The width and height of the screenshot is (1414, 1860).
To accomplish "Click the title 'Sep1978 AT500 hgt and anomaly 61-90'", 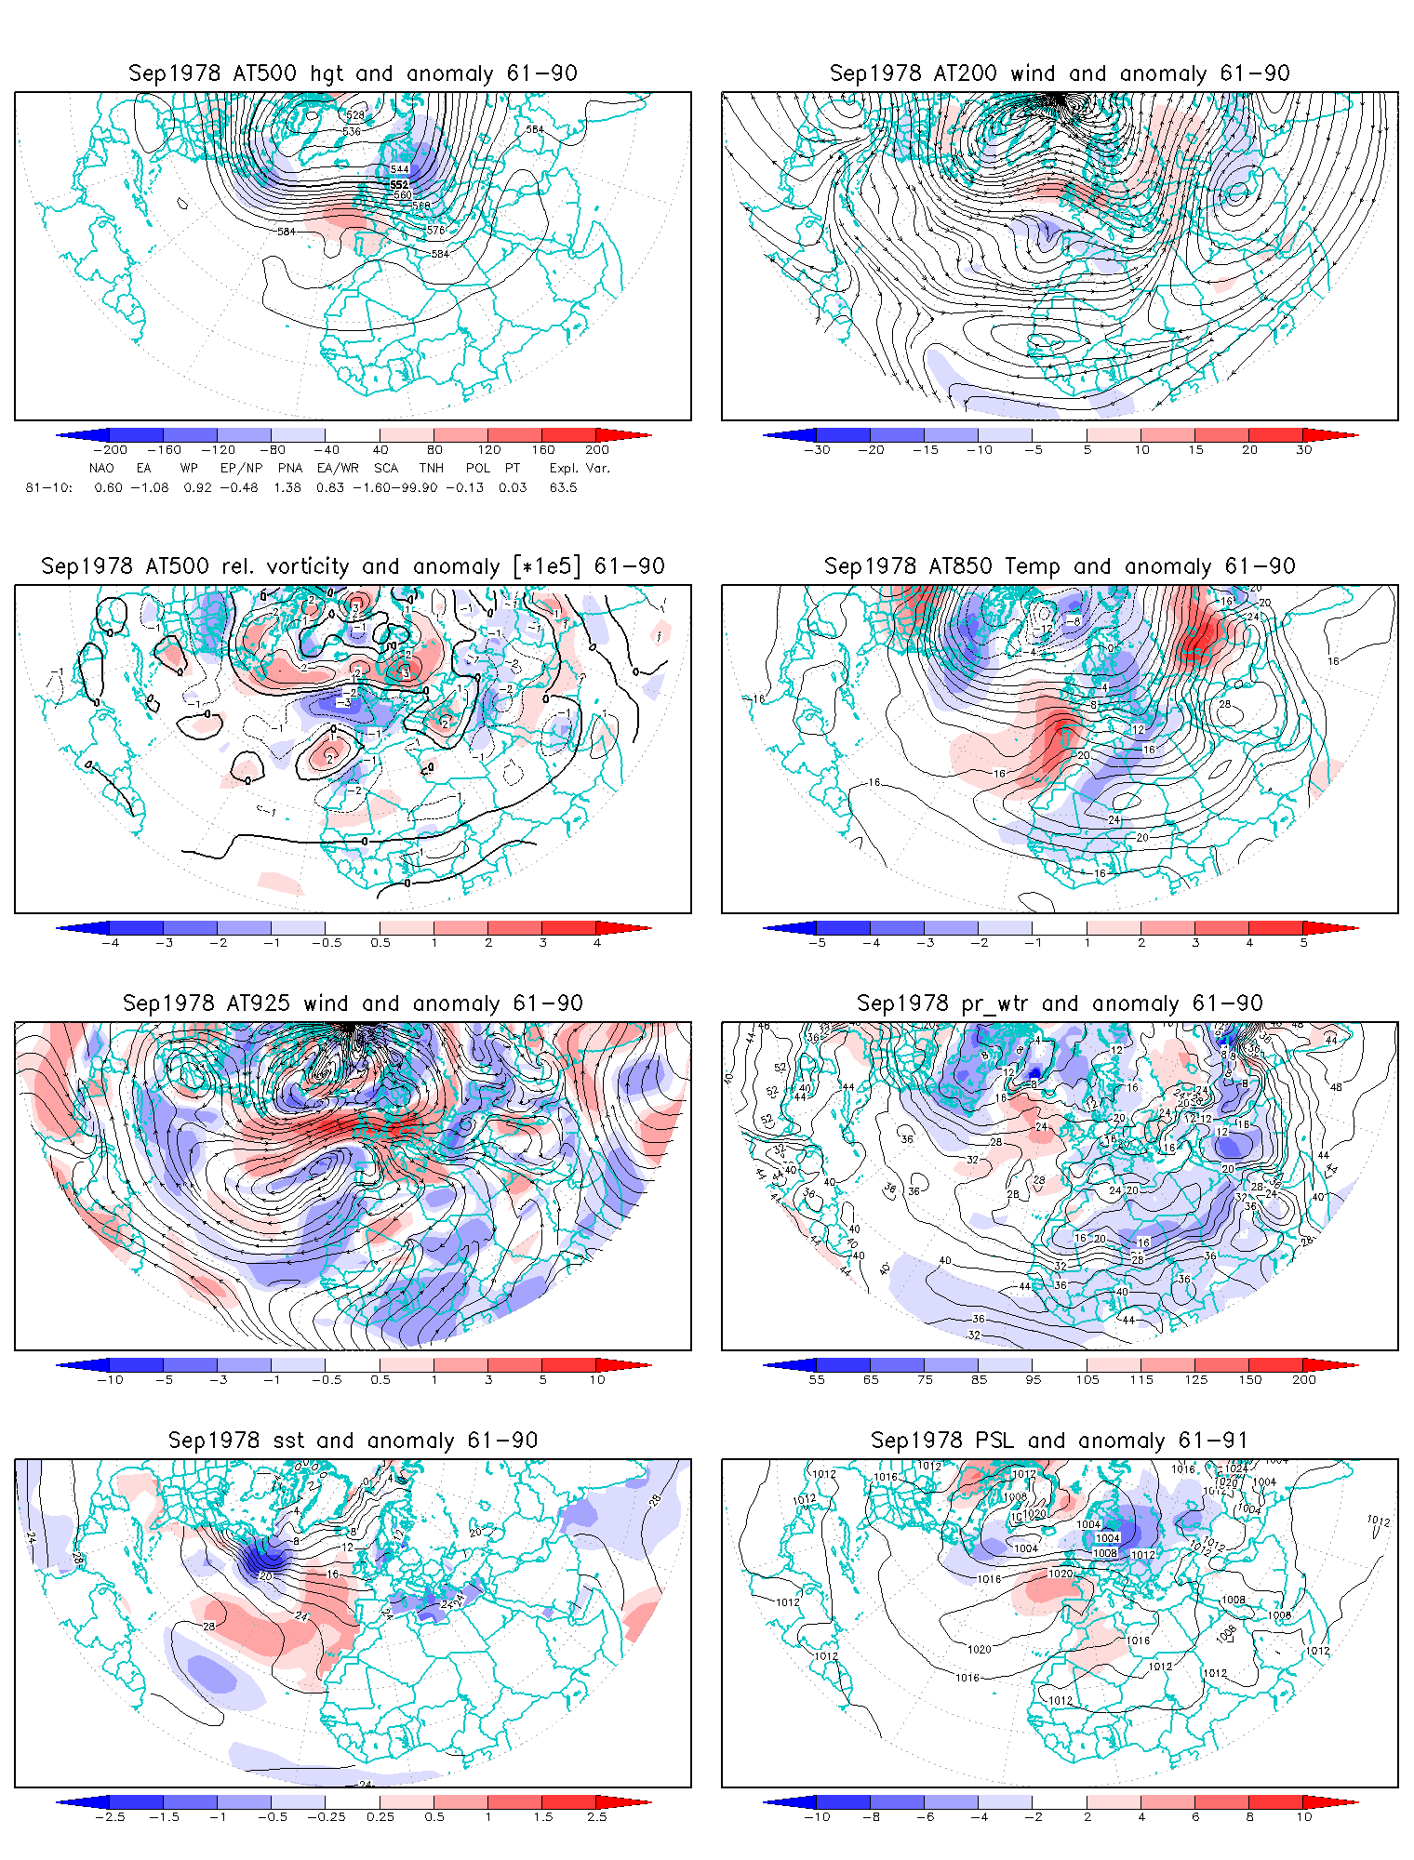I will pyautogui.click(x=353, y=73).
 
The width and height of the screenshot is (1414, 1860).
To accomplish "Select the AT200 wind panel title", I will pyautogui.click(x=1060, y=73).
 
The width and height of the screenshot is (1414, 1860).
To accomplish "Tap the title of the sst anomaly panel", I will pyautogui.click(x=353, y=1441).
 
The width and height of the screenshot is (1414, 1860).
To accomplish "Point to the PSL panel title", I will pyautogui.click(x=1060, y=1441).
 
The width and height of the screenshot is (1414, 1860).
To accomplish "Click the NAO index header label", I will pyautogui.click(x=101, y=468).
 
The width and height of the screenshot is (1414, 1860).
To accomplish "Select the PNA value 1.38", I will pyautogui.click(x=287, y=487).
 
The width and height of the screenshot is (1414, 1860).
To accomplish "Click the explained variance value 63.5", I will pyautogui.click(x=563, y=487).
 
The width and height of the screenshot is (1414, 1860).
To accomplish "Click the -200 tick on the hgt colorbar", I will pyautogui.click(x=110, y=450).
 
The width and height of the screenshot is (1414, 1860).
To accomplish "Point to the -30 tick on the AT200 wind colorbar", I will pyautogui.click(x=817, y=450).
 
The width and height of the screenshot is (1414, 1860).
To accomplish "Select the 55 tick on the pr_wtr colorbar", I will pyautogui.click(x=817, y=1380).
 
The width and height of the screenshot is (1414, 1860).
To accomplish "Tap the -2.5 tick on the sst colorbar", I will pyautogui.click(x=110, y=1817).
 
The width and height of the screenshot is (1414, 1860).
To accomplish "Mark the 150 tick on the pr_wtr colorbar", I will pyautogui.click(x=1250, y=1380).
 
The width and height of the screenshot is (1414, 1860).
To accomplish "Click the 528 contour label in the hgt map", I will pyautogui.click(x=355, y=115).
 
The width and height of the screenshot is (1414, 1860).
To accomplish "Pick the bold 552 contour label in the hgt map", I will pyautogui.click(x=399, y=184).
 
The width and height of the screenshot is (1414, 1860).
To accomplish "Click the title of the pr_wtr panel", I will pyautogui.click(x=1060, y=1003).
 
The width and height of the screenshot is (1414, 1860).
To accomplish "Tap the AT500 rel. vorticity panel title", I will pyautogui.click(x=353, y=566).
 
